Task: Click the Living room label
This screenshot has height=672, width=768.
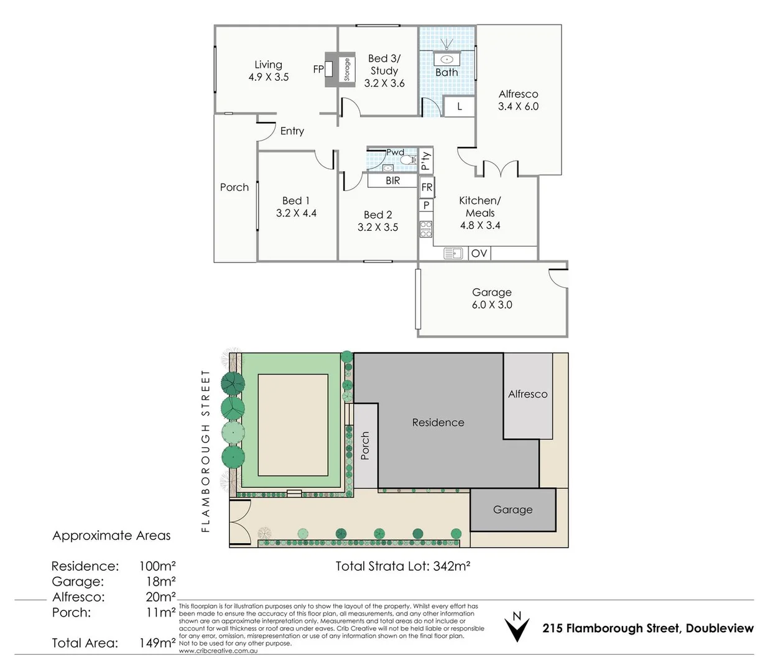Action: coord(268,65)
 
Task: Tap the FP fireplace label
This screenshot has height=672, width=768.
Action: coord(318,70)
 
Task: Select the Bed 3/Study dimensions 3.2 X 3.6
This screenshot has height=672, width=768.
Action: coord(384,83)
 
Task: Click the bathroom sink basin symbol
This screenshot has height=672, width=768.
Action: coord(446,59)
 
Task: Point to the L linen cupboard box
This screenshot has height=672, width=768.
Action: coord(460,106)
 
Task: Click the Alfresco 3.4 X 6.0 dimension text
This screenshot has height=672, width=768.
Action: coord(518,106)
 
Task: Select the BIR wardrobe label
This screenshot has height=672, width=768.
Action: coord(392,180)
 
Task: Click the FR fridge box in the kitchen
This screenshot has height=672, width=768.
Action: coord(427,187)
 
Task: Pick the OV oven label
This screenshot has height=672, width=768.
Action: coord(479,253)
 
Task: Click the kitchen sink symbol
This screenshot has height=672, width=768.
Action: coord(453,253)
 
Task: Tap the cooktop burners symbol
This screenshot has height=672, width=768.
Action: coord(426,229)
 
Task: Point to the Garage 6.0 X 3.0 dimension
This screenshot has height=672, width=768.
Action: coord(492,305)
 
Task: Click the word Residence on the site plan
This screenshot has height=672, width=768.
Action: coord(438,422)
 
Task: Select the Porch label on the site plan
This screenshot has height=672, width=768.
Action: coord(365,446)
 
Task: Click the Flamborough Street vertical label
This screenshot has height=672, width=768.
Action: coord(206,451)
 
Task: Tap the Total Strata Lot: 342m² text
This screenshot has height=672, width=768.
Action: coord(402,566)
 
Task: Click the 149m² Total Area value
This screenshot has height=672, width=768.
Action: coord(157,643)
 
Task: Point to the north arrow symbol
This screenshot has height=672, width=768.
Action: coord(516,628)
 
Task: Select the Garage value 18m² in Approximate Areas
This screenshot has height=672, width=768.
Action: coord(160,582)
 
